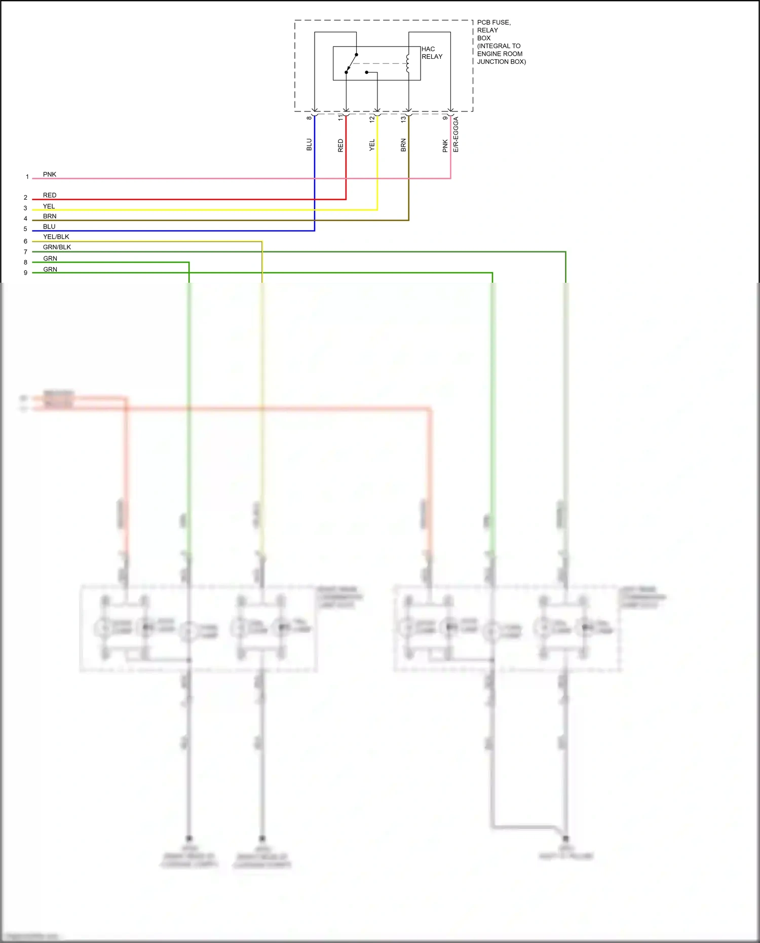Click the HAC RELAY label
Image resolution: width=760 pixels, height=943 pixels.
pos(432,53)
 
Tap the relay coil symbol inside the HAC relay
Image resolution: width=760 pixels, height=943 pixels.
pos(408,63)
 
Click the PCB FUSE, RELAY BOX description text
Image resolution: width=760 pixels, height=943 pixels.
pos(501,42)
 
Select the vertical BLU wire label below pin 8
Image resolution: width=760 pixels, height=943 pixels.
pos(309,145)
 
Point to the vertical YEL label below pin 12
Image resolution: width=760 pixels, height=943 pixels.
pos(372,145)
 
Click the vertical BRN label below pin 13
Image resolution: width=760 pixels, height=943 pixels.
pos(403,145)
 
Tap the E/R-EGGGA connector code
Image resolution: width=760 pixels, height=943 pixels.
pos(455,134)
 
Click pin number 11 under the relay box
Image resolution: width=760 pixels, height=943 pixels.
pos(340,118)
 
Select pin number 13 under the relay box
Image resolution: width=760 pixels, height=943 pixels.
pos(403,119)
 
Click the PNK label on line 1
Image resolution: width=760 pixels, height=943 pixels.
pos(50,174)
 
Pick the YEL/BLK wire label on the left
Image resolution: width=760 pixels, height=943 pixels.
pos(56,237)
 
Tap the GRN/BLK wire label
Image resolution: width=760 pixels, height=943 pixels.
pos(57,247)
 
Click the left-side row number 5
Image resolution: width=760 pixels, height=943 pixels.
pos(25,229)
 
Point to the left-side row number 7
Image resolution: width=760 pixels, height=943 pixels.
pos(25,252)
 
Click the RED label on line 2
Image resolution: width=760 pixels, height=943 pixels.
pos(50,195)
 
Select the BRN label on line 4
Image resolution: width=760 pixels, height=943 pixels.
pos(50,216)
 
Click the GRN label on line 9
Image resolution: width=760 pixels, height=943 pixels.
pos(50,270)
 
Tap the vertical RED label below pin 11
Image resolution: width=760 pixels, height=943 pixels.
pos(340,145)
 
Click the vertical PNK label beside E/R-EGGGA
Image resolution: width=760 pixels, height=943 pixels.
pos(445,146)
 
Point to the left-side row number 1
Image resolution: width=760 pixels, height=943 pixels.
pos(27,177)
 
